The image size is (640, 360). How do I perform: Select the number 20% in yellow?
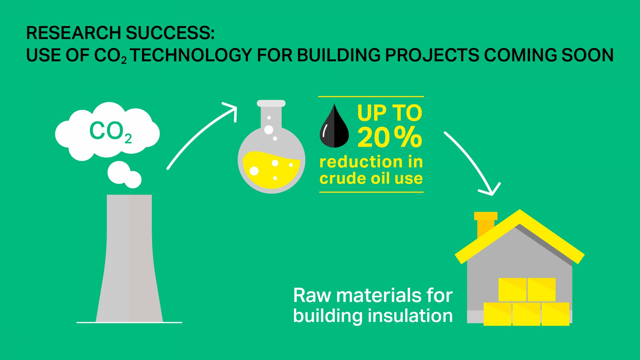click(389, 137)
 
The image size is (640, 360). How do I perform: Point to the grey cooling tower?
click(129, 260)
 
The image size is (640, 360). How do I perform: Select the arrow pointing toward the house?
click(473, 163)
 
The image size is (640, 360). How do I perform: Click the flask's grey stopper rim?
click(271, 103)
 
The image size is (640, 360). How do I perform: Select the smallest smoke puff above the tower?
click(133, 180)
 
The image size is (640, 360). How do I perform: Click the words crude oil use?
click(371, 178)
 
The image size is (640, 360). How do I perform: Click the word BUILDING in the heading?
click(338, 55)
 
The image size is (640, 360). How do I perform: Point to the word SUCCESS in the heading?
click(168, 33)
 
